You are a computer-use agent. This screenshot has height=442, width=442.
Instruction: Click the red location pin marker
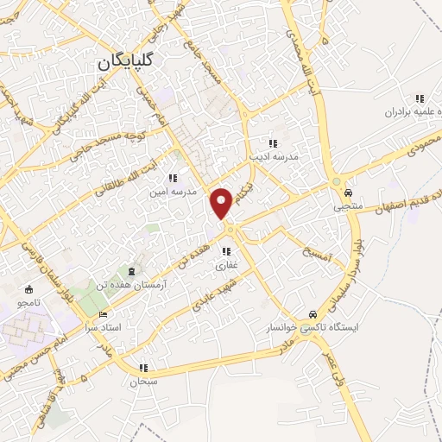[224, 202]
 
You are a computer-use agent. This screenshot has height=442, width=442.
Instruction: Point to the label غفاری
[226, 266]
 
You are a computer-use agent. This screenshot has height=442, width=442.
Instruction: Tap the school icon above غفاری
[226, 251]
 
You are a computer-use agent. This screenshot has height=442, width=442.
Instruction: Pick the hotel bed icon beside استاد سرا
[104, 314]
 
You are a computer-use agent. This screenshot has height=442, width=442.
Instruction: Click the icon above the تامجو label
[28, 289]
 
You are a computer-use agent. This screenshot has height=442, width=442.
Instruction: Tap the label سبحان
[140, 381]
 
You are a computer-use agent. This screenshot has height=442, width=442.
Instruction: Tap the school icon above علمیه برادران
[420, 98]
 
